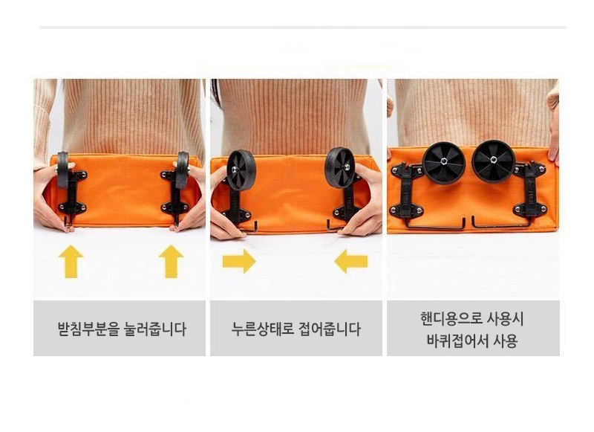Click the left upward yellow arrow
pyautogui.click(x=71, y=261)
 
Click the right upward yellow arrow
pyautogui.click(x=172, y=261)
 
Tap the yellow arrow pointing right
pyautogui.click(x=239, y=261)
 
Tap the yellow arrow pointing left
pyautogui.click(x=350, y=261)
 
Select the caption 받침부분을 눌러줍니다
pyautogui.click(x=122, y=329)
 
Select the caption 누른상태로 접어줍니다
pyautogui.click(x=296, y=329)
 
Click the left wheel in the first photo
pyautogui.click(x=62, y=170)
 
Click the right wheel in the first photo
pyautogui.click(x=182, y=170)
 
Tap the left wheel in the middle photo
pyautogui.click(x=241, y=170)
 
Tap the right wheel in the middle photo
pyautogui.click(x=340, y=167)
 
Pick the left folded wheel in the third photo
pyautogui.click(x=443, y=163)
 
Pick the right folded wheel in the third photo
pyautogui.click(x=494, y=161)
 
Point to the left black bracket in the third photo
pyautogui.click(x=407, y=190)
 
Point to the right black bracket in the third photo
pyautogui.click(x=530, y=189)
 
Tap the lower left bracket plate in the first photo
pyautogui.click(x=72, y=208)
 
